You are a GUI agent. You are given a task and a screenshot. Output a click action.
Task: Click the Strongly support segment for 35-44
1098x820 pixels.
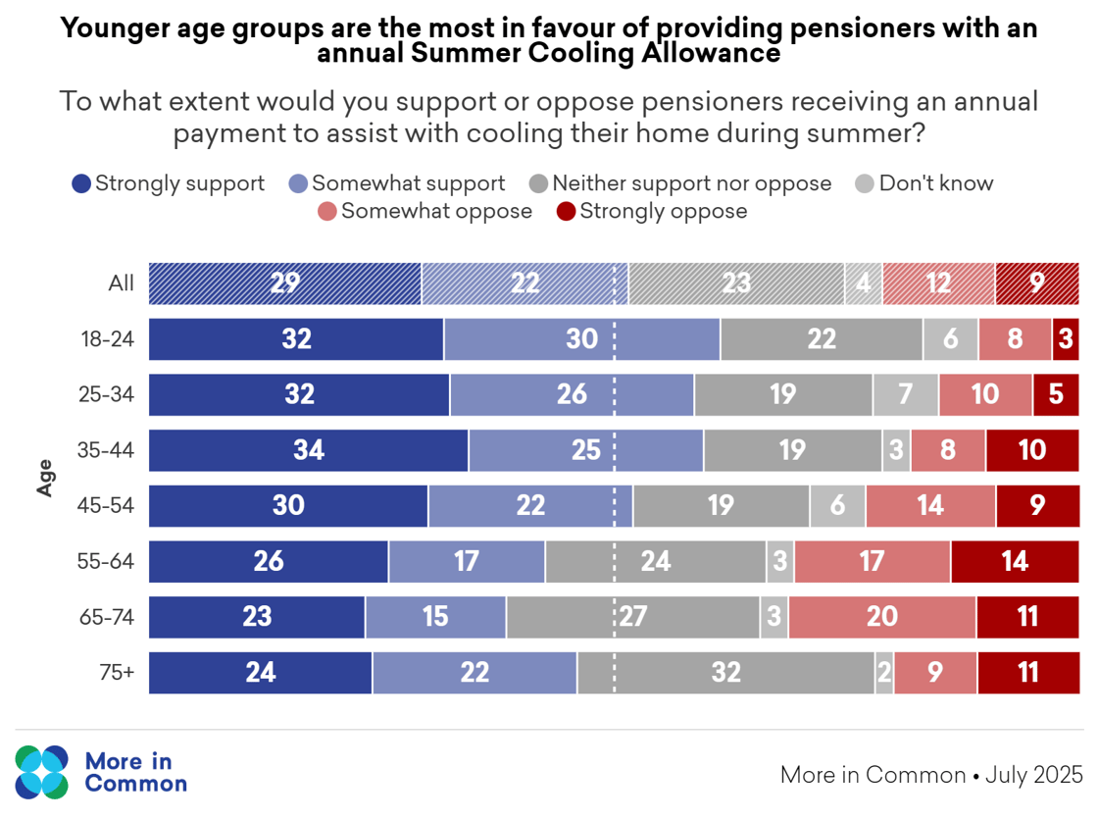[308, 450]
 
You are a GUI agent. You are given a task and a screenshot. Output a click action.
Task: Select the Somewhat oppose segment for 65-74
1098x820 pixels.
[881, 617]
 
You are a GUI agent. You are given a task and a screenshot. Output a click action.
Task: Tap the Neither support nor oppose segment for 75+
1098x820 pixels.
[725, 673]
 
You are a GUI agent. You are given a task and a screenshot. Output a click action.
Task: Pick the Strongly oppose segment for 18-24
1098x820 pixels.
[1066, 339]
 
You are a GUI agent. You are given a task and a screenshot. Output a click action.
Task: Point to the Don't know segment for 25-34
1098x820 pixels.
[905, 394]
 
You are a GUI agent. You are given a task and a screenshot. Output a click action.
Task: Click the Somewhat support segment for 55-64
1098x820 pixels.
[467, 561]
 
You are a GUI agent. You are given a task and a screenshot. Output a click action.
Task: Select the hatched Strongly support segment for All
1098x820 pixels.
[284, 283]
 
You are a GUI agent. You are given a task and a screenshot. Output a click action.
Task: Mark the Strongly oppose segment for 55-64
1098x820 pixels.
[1015, 561]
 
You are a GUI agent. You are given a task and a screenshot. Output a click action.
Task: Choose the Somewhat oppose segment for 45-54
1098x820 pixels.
[930, 506]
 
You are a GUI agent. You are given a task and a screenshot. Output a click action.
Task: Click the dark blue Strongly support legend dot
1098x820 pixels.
[81, 183]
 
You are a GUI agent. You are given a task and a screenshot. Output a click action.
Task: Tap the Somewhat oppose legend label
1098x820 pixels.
[436, 211]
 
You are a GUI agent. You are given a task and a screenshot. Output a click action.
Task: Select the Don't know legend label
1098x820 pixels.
[935, 183]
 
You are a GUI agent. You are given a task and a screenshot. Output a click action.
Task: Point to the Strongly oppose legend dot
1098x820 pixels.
[566, 211]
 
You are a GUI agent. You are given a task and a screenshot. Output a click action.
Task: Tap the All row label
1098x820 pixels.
[121, 283]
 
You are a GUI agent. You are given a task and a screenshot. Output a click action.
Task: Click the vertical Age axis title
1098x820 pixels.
[45, 478]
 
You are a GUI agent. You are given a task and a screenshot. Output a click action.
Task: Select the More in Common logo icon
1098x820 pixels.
[42, 772]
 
